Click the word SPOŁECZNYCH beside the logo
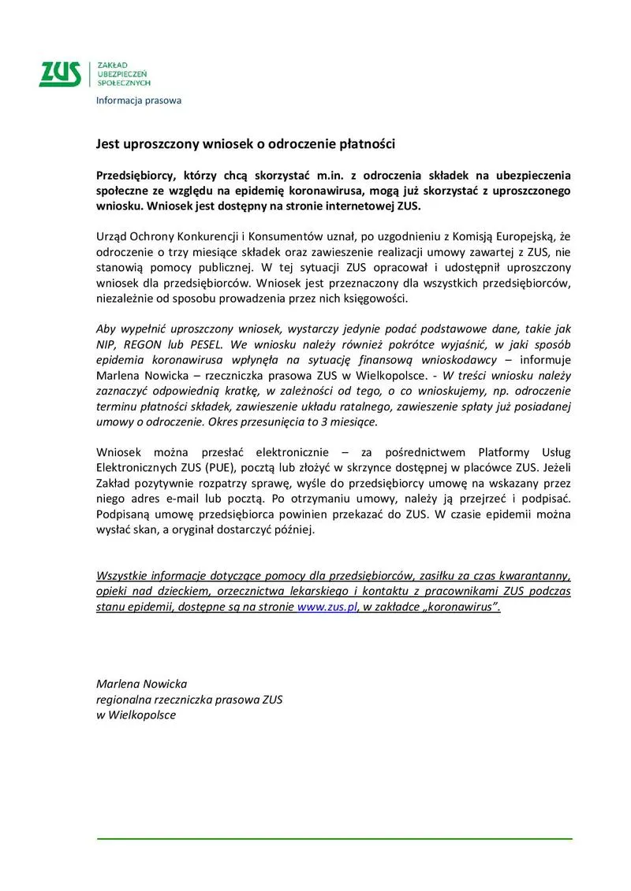click(x=123, y=82)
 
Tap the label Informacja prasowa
click(x=138, y=100)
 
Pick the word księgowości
click(x=375, y=299)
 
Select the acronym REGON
click(x=147, y=344)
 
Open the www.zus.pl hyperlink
click(x=327, y=607)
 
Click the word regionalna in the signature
click(x=121, y=699)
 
